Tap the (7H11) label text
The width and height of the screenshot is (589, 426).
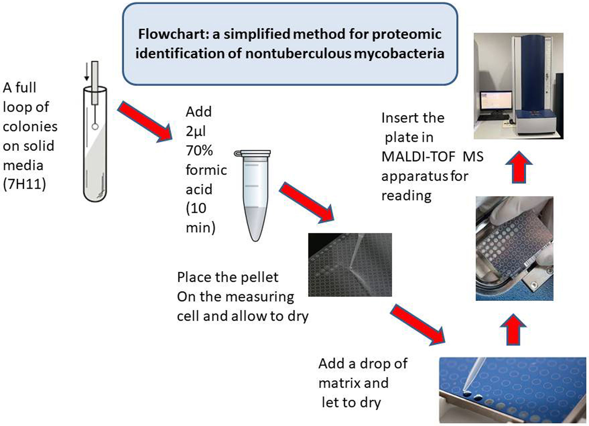(24, 184)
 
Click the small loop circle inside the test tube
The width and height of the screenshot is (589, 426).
(95, 127)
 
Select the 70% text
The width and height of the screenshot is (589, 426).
(199, 151)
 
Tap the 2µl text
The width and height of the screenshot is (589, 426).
(196, 131)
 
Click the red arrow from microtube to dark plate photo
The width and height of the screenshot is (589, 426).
(307, 203)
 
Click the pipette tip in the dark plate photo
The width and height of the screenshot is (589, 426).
(351, 267)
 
